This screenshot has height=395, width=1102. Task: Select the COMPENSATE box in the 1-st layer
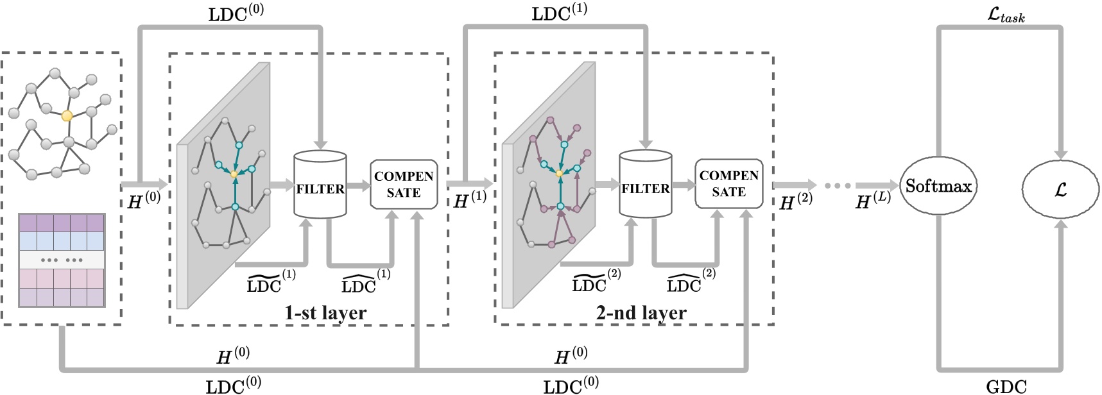click(x=404, y=185)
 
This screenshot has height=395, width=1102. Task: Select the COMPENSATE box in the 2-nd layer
click(x=728, y=184)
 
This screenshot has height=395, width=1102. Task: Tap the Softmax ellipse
click(x=938, y=186)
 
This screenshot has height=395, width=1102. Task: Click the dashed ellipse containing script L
click(x=1060, y=189)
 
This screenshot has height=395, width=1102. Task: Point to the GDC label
click(x=1006, y=386)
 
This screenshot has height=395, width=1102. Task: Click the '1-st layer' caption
click(x=325, y=313)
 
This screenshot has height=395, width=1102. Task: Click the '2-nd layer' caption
click(x=641, y=313)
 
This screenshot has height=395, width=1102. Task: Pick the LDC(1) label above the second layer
click(x=559, y=13)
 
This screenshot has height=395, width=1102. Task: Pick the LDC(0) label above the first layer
click(x=236, y=13)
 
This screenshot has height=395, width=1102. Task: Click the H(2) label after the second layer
click(x=795, y=201)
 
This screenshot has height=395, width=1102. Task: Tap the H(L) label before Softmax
click(x=873, y=201)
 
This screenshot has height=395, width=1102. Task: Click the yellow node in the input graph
click(x=67, y=116)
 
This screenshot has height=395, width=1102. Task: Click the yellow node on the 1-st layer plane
click(x=234, y=174)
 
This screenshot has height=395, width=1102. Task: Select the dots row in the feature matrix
click(x=62, y=260)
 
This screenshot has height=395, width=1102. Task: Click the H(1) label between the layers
click(x=470, y=200)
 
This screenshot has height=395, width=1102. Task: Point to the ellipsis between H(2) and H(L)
click(x=837, y=186)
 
